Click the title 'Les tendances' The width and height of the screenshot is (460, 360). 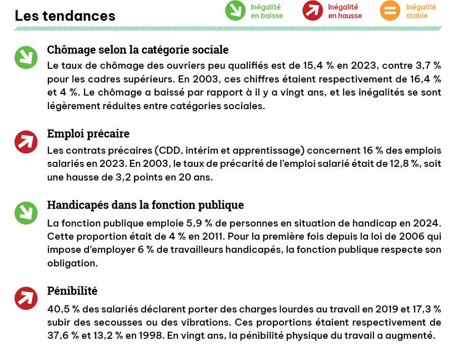(x=65, y=16)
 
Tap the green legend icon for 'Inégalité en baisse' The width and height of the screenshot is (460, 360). (x=235, y=11)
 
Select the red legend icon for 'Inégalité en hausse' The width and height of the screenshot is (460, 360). (x=312, y=11)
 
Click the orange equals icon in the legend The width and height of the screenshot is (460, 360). (x=390, y=11)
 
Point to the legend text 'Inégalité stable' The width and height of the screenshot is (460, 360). (x=421, y=11)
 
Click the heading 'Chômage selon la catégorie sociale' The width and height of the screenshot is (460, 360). (x=137, y=50)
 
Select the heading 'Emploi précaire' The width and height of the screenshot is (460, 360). (x=88, y=133)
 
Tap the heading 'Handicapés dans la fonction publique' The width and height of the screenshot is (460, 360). (x=145, y=205)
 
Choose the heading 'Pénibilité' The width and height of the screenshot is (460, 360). (x=72, y=291)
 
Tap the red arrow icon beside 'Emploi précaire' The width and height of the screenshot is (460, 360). (x=26, y=142)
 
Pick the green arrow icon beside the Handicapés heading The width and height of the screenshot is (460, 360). (x=26, y=213)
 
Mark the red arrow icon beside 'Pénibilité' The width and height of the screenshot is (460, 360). (x=26, y=298)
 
